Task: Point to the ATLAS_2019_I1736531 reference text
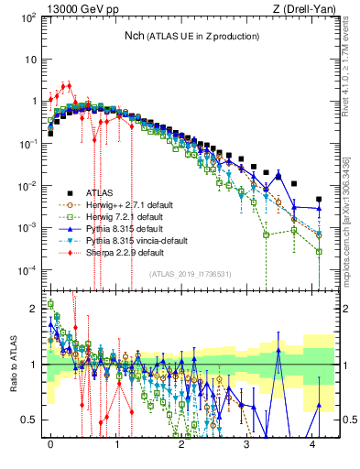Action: [x=191, y=274]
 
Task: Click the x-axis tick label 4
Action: [x=313, y=451]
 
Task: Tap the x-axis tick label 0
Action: [x=50, y=451]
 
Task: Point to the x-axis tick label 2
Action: [x=181, y=451]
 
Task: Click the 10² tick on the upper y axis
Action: [x=27, y=17]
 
